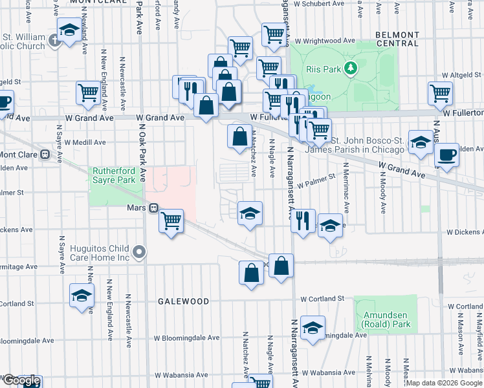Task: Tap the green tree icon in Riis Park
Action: tap(350, 67)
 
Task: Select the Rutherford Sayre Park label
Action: tap(114, 175)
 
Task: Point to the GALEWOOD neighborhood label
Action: tap(184, 301)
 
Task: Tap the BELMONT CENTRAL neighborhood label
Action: tap(397, 39)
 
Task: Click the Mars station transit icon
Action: tap(154, 208)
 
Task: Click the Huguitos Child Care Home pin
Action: tap(137, 251)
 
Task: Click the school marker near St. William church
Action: tap(69, 30)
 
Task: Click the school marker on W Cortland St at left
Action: tap(82, 295)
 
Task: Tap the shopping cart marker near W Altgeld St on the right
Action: tap(440, 92)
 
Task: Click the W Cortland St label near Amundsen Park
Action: tap(322, 299)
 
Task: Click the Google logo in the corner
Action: tap(21, 381)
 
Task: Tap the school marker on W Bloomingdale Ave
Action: tap(313, 327)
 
